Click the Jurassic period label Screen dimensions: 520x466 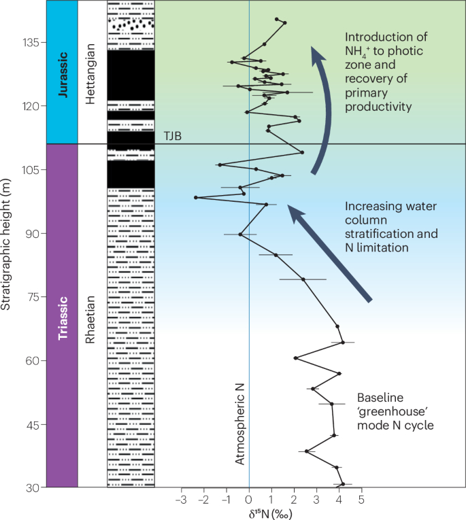pos(63,72)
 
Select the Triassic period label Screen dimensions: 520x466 pos(63,315)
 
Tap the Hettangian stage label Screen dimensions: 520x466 pos(92,72)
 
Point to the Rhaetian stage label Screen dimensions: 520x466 pos(92,315)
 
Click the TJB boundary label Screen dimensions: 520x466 pos(172,136)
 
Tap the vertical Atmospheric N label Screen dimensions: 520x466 pos(239,423)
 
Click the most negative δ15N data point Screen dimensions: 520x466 pos(196,198)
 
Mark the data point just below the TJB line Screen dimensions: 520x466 pos(302,152)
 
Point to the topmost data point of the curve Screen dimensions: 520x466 pos(276,19)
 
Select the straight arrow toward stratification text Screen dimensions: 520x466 pos(330,252)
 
